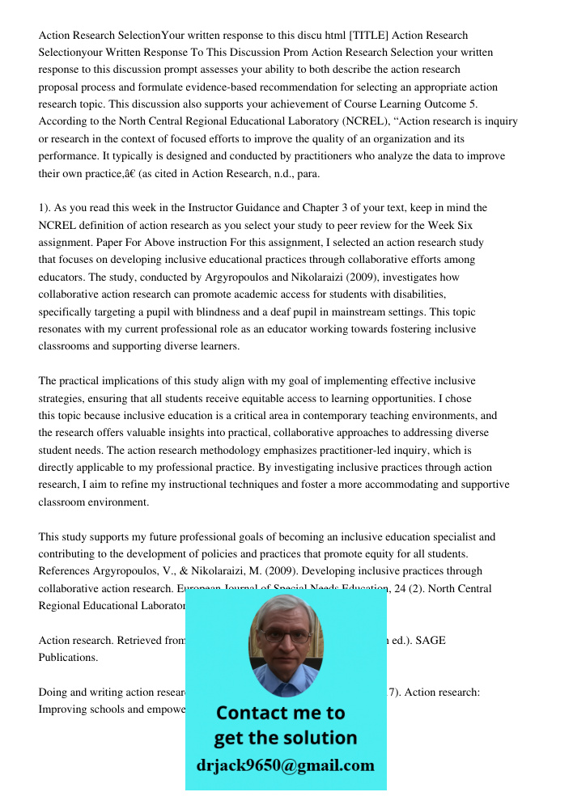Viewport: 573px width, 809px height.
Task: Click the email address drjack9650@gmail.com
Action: pyautogui.click(x=286, y=765)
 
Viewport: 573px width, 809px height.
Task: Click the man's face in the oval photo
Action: pyautogui.click(x=285, y=639)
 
